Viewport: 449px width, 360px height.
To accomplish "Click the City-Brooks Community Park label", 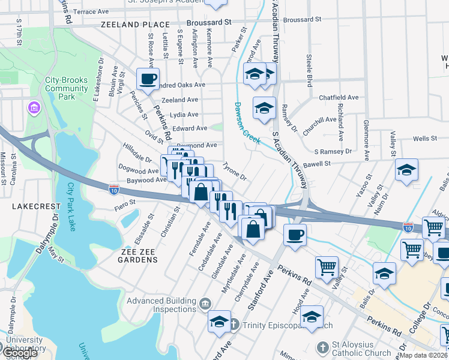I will point(67,88).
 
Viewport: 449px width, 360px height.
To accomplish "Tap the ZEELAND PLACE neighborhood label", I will point(135,25).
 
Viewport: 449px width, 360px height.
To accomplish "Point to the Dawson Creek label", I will point(246,122).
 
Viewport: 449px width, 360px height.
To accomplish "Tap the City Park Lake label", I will point(72,206).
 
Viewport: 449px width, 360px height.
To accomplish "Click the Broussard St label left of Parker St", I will point(209,22).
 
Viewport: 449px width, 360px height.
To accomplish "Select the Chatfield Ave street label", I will point(339,97).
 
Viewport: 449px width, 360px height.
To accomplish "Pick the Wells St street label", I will point(425,139).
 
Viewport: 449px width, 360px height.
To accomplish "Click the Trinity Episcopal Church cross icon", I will point(234,325).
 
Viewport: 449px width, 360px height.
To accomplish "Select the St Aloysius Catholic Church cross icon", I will point(322,347).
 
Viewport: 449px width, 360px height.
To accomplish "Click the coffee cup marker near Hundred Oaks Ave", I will point(148,79).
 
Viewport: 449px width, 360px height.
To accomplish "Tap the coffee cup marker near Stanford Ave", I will point(294,235).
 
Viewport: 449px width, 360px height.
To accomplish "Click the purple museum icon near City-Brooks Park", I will point(34,108).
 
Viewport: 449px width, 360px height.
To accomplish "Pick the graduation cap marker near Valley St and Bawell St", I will point(406,169).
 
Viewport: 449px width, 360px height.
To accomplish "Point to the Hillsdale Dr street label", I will point(137,152).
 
